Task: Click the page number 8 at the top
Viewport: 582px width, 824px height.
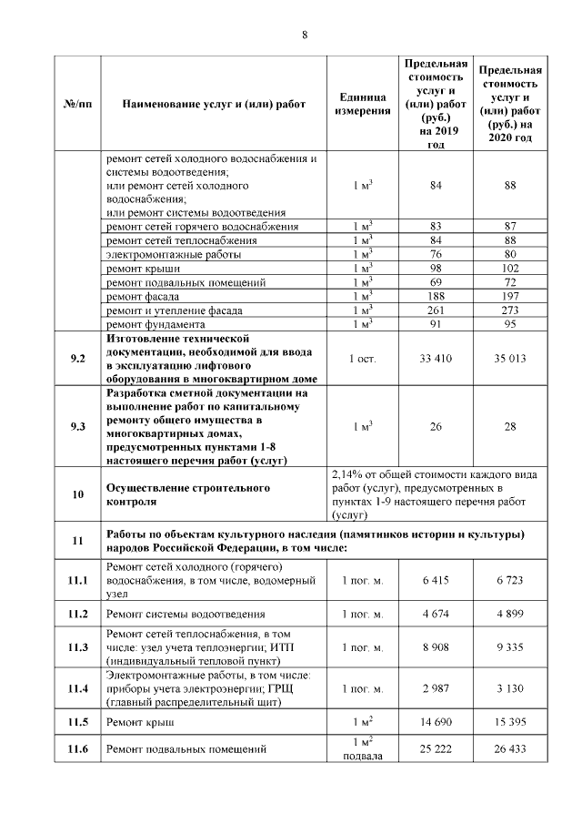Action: tap(305, 35)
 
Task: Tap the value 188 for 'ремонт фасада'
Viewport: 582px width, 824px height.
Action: tap(436, 297)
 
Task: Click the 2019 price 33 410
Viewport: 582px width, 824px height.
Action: tap(436, 358)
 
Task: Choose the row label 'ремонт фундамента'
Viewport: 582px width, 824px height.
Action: tap(156, 324)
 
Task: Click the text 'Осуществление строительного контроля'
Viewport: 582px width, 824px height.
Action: tap(188, 494)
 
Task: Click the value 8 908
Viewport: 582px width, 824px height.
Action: tap(436, 647)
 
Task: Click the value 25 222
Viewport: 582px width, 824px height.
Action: tap(436, 750)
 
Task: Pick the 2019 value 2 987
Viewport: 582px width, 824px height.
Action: tap(436, 688)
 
